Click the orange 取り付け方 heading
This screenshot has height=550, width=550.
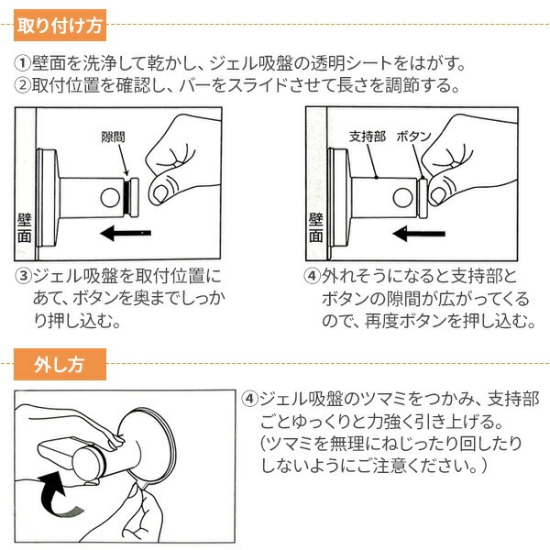tap(60, 26)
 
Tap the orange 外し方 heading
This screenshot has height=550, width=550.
tap(60, 365)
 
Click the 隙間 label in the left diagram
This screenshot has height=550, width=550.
tap(113, 137)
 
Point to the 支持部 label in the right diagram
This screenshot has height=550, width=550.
tap(368, 136)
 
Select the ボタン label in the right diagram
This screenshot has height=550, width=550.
tap(414, 136)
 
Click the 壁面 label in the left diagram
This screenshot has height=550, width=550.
tap(25, 228)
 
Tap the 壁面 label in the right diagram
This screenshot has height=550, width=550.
tap(315, 228)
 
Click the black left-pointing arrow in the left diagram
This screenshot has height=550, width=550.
tap(126, 233)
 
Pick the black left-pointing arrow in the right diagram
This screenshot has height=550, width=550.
tap(419, 233)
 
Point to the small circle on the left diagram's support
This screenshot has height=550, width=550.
tap(110, 198)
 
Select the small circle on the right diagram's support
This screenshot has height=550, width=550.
tap(402, 197)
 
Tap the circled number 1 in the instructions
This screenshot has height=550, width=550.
tap(22, 63)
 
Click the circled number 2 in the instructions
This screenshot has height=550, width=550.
tap(22, 85)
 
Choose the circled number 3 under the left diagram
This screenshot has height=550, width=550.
tap(23, 276)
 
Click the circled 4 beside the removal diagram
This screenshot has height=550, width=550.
tap(249, 399)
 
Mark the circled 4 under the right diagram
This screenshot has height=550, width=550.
tap(312, 276)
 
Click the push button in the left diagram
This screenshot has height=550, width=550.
tap(132, 197)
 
